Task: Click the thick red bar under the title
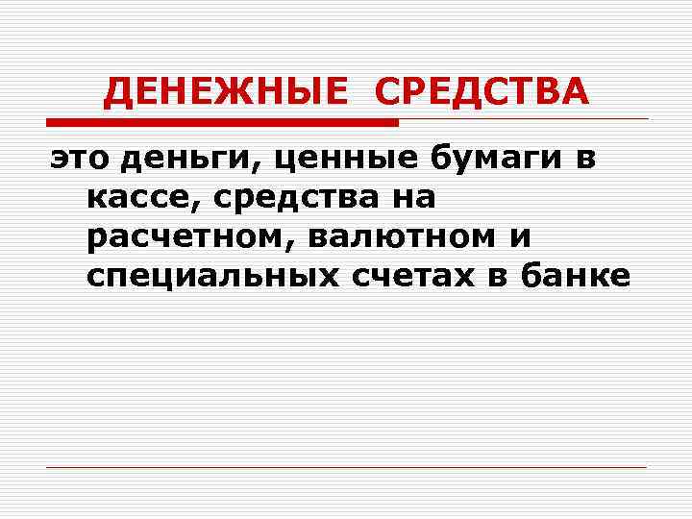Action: [x=222, y=123]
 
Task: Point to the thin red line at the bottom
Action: [x=346, y=467]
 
